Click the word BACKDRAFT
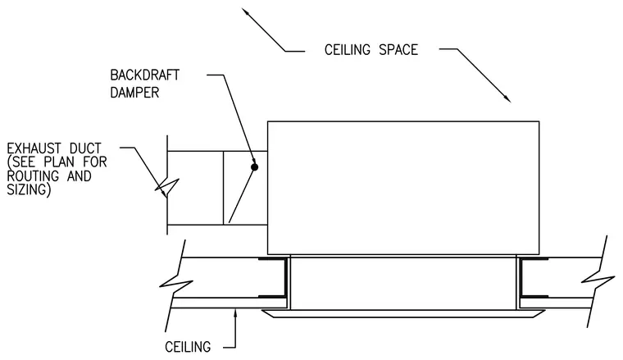click(144, 75)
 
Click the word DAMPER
click(134, 93)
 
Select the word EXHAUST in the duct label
click(34, 148)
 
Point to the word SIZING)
click(29, 190)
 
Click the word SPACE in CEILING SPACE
click(398, 50)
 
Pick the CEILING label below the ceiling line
click(188, 347)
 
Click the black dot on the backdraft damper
click(254, 167)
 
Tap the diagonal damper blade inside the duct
click(242, 194)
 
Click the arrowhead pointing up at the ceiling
click(235, 314)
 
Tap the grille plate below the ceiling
click(402, 314)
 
